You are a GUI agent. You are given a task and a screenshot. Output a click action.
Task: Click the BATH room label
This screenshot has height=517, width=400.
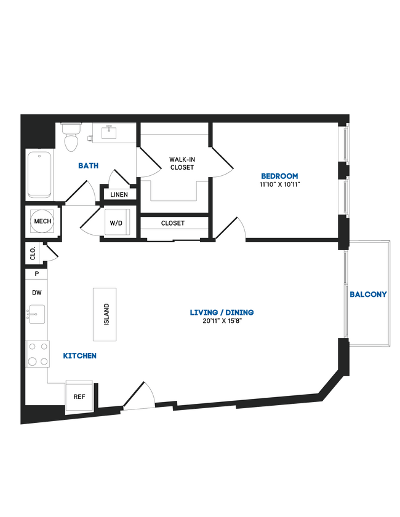(x=89, y=165)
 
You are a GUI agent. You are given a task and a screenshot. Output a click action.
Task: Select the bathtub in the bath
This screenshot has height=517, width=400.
(x=39, y=174)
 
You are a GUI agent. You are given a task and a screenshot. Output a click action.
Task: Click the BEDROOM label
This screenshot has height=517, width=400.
(x=279, y=175)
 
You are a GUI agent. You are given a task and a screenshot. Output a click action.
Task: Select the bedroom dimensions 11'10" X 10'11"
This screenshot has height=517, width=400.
(x=279, y=184)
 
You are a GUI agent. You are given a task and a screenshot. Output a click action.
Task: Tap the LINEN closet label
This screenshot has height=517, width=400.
(x=119, y=194)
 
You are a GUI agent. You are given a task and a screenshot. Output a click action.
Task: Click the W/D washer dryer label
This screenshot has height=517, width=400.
(x=116, y=223)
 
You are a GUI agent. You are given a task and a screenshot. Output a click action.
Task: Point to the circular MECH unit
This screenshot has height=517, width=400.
(x=42, y=221)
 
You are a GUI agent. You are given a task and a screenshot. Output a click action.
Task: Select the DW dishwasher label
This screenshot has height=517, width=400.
(x=37, y=293)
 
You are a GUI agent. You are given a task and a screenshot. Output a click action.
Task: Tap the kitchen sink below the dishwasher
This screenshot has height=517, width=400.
(x=36, y=315)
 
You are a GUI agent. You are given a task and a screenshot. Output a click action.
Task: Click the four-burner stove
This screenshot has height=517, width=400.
(x=36, y=354)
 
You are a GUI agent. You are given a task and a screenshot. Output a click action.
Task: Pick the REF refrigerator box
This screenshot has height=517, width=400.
(x=79, y=396)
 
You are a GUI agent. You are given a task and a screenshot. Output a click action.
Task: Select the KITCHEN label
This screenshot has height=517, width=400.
(x=80, y=355)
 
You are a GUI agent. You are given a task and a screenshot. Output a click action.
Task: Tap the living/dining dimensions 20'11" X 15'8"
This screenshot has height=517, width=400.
(x=222, y=321)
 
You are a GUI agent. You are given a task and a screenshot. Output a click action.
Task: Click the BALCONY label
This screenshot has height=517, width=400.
(x=368, y=294)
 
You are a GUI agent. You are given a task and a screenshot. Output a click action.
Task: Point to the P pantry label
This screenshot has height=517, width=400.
(x=37, y=274)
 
